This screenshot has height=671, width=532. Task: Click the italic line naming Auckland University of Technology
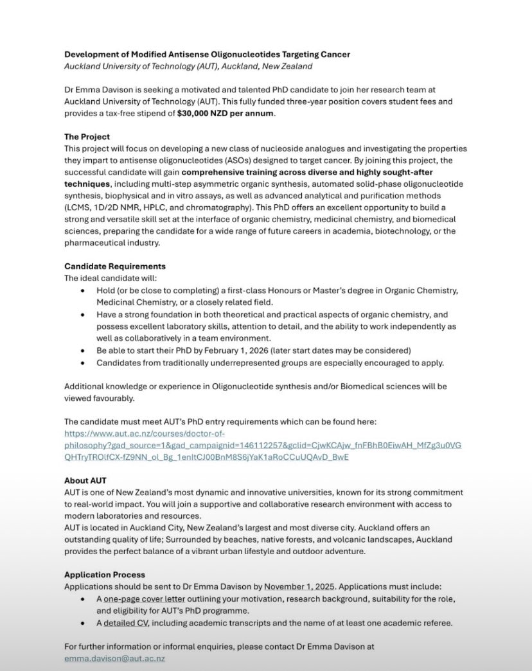pos(188,66)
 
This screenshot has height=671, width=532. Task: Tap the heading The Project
pos(87,137)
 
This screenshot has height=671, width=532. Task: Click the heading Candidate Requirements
pos(114,266)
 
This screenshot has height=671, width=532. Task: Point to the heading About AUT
pos(85,480)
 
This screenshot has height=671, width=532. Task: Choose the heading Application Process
pos(105,575)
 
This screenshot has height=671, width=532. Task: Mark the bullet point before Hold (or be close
pos(82,291)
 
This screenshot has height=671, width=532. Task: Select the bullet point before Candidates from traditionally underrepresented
pos(82,363)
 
